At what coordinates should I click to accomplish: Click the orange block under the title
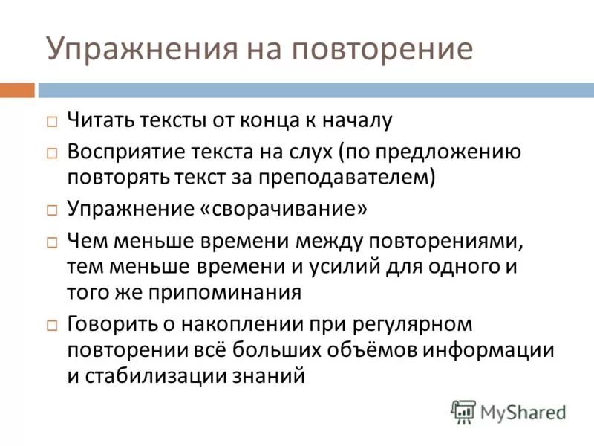point(17,91)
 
